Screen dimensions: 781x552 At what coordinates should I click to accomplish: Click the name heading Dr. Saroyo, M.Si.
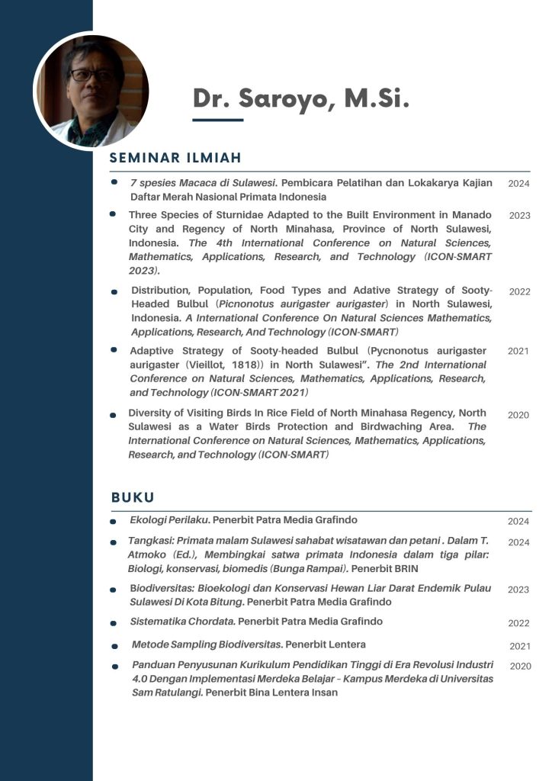click(x=300, y=99)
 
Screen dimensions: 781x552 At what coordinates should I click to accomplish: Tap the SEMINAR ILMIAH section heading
click(x=175, y=158)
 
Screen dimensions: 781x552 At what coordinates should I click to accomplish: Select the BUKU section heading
click(x=133, y=497)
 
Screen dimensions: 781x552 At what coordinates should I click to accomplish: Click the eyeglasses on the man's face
click(x=91, y=75)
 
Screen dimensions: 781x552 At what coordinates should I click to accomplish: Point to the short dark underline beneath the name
click(x=217, y=120)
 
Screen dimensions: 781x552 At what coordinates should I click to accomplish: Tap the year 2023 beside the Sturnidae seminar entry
click(x=519, y=216)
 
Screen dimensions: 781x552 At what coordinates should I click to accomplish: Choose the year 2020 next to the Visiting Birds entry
click(x=518, y=415)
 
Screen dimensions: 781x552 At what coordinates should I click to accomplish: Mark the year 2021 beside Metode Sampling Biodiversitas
click(x=520, y=646)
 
